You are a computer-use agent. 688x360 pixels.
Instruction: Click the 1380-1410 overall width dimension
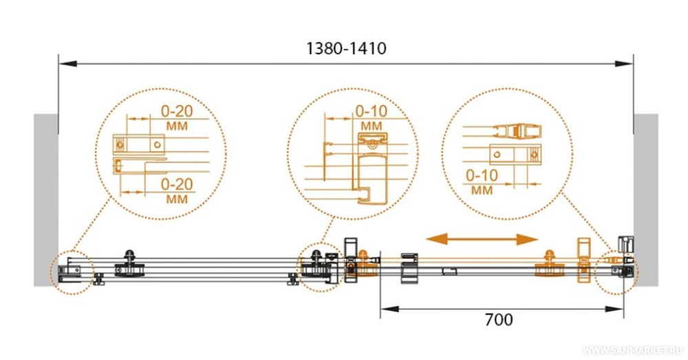point(346,48)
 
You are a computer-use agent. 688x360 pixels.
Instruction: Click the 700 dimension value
point(499,319)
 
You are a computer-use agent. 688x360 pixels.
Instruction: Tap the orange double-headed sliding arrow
point(482,240)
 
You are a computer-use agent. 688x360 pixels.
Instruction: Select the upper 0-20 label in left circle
point(177,111)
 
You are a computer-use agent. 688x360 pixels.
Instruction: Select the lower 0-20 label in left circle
point(177,184)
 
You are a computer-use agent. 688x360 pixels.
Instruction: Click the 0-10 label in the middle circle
point(372,111)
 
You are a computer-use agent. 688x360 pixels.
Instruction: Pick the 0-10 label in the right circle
point(482,175)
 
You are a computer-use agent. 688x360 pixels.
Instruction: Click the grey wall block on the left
point(45,200)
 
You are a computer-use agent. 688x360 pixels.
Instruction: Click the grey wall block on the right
point(645,200)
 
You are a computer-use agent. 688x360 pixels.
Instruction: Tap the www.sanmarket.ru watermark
point(633,350)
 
